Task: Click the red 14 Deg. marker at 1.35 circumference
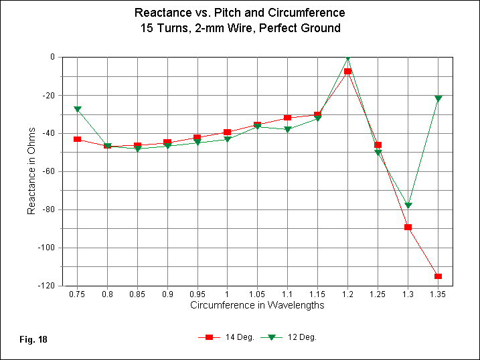438,276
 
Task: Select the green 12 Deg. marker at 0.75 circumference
78,108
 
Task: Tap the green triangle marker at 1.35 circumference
438,98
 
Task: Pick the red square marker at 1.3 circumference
408,227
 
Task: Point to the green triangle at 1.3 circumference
408,205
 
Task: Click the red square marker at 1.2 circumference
347,71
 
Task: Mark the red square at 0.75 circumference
78,139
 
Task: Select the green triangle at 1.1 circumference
288,129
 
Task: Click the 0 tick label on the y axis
52,57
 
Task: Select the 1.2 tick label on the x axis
347,294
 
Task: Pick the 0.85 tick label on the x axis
137,294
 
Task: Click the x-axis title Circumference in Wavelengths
257,306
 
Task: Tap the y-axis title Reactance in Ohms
31,172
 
